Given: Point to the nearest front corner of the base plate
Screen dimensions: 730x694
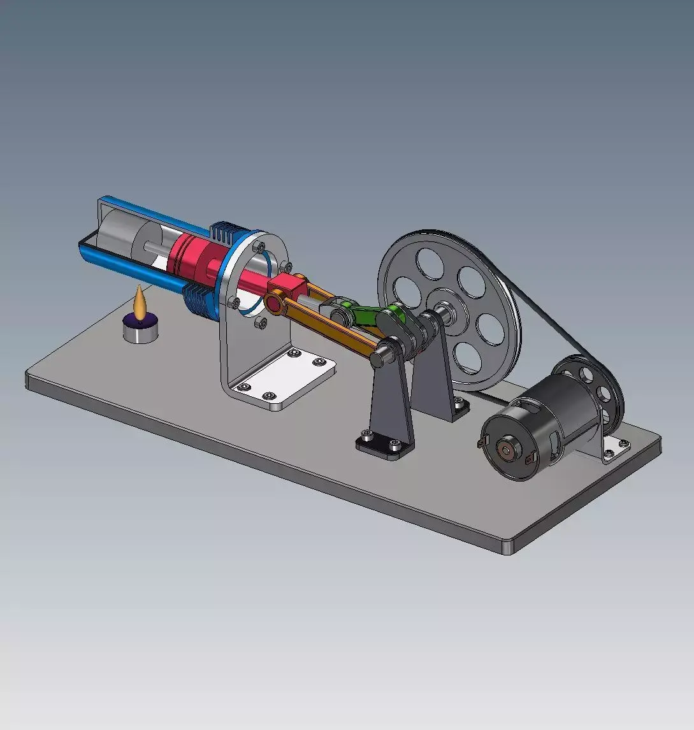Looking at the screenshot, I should coord(507,548).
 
